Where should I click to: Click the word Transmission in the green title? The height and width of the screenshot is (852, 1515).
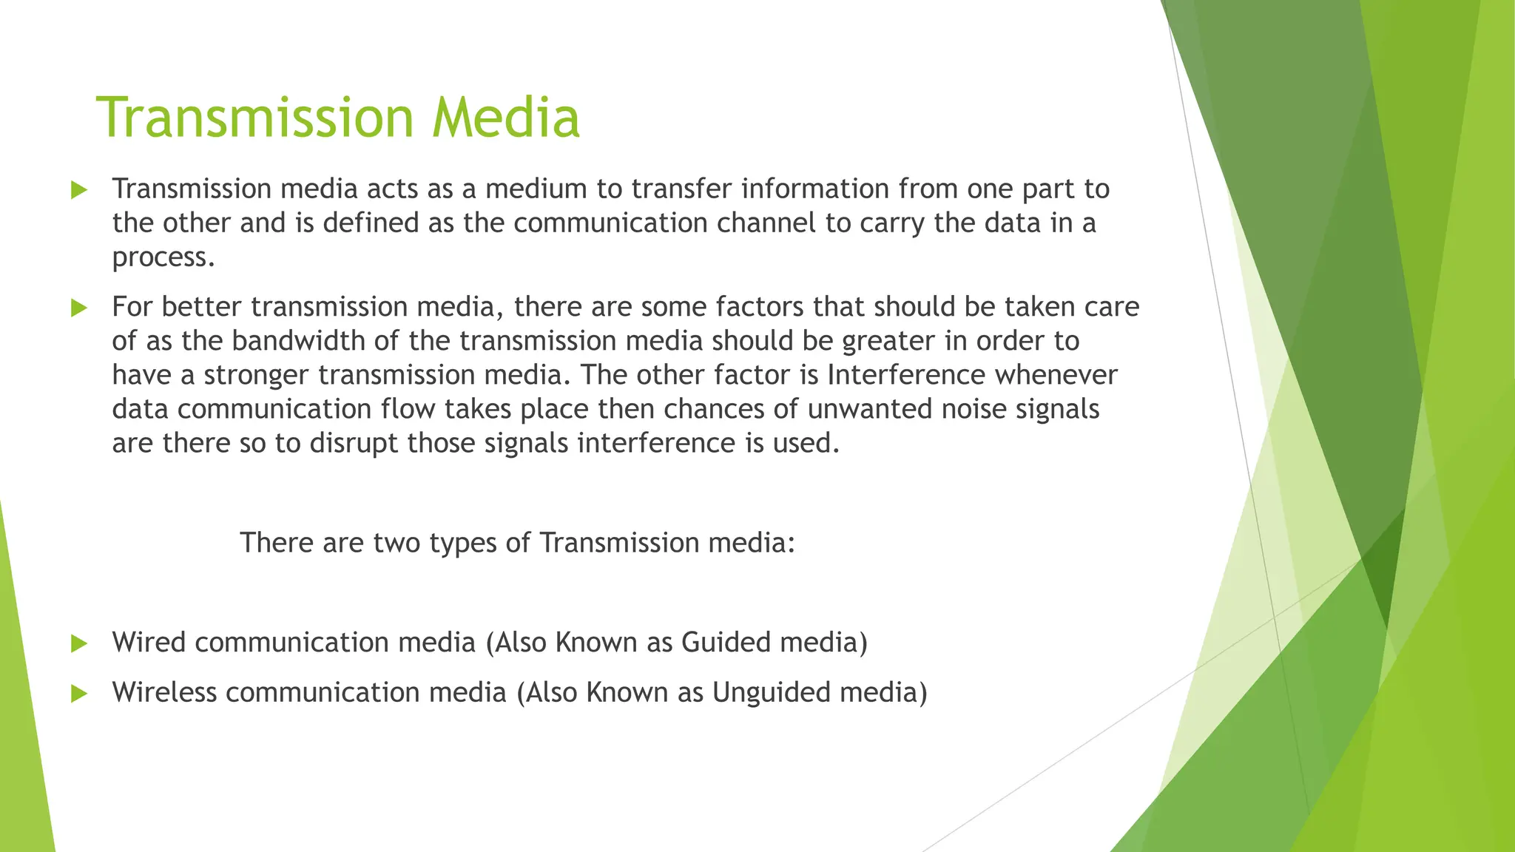[255, 118]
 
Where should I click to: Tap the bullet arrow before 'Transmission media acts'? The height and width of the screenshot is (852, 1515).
[79, 190]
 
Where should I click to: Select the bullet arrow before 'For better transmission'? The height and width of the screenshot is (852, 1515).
[79, 308]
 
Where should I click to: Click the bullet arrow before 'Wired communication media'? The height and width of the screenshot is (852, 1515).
[79, 643]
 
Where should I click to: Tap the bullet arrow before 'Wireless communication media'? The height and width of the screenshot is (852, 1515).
[79, 694]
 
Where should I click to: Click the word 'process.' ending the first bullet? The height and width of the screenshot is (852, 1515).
[163, 258]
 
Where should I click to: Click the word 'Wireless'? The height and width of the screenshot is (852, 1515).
[164, 692]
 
